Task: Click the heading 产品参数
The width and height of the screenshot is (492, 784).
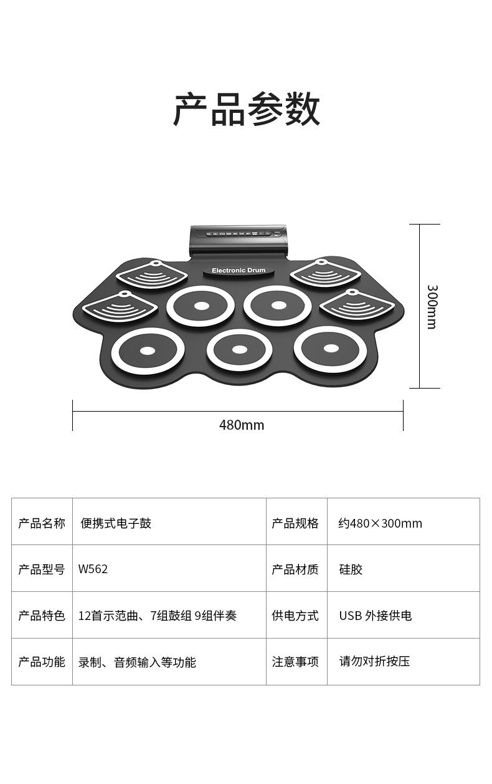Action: pyautogui.click(x=247, y=110)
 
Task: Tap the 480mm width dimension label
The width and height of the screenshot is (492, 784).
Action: pyautogui.click(x=242, y=425)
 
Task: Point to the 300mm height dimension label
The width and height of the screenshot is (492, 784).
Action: pyautogui.click(x=432, y=306)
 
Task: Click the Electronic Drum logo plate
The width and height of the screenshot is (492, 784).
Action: pyautogui.click(x=239, y=271)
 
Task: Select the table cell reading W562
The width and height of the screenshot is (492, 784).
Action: pyautogui.click(x=93, y=569)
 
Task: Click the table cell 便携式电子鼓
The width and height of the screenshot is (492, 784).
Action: pyautogui.click(x=116, y=523)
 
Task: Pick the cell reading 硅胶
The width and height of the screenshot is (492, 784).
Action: pyautogui.click(x=351, y=569)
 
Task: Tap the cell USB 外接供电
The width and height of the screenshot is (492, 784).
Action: pyautogui.click(x=375, y=616)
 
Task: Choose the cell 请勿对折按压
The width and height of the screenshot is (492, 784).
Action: pyautogui.click(x=374, y=662)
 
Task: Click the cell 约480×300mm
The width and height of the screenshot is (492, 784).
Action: pyautogui.click(x=380, y=523)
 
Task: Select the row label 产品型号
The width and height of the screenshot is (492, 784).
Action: pyautogui.click(x=42, y=569)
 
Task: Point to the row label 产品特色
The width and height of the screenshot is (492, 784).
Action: pyautogui.click(x=42, y=616)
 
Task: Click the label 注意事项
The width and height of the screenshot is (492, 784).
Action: pyautogui.click(x=295, y=662)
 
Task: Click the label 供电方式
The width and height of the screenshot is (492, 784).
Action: pyautogui.click(x=295, y=616)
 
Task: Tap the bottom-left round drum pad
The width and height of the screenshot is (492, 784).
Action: pyautogui.click(x=148, y=351)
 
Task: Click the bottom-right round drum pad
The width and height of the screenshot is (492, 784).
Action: pyautogui.click(x=331, y=349)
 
